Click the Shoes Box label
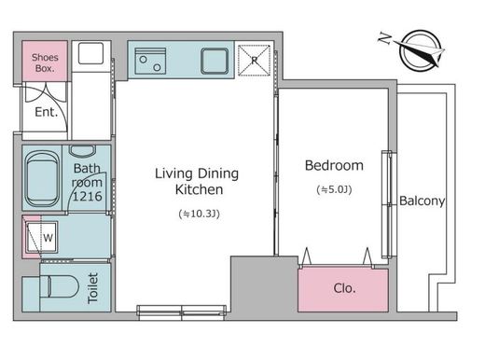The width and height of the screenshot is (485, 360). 45,62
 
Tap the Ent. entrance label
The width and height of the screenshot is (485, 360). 47,112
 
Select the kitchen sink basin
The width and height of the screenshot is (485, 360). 215,62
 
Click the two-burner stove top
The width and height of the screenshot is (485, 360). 150,61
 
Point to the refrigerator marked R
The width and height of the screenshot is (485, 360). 254,61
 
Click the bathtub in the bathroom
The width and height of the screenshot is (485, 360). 42,179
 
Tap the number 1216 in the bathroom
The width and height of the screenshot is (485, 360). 87,196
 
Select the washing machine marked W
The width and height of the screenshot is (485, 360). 42,237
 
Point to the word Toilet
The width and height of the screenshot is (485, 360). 93,287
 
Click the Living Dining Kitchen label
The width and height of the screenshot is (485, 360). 197,181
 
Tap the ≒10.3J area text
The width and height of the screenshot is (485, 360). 200,214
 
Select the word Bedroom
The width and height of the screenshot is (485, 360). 334,165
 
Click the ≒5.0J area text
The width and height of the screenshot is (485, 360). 334,189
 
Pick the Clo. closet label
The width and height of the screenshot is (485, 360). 344,288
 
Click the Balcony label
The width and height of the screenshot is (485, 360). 422,201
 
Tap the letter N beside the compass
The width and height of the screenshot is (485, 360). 385,38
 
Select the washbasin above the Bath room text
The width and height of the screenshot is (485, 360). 83,151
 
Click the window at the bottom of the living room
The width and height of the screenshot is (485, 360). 181,312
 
